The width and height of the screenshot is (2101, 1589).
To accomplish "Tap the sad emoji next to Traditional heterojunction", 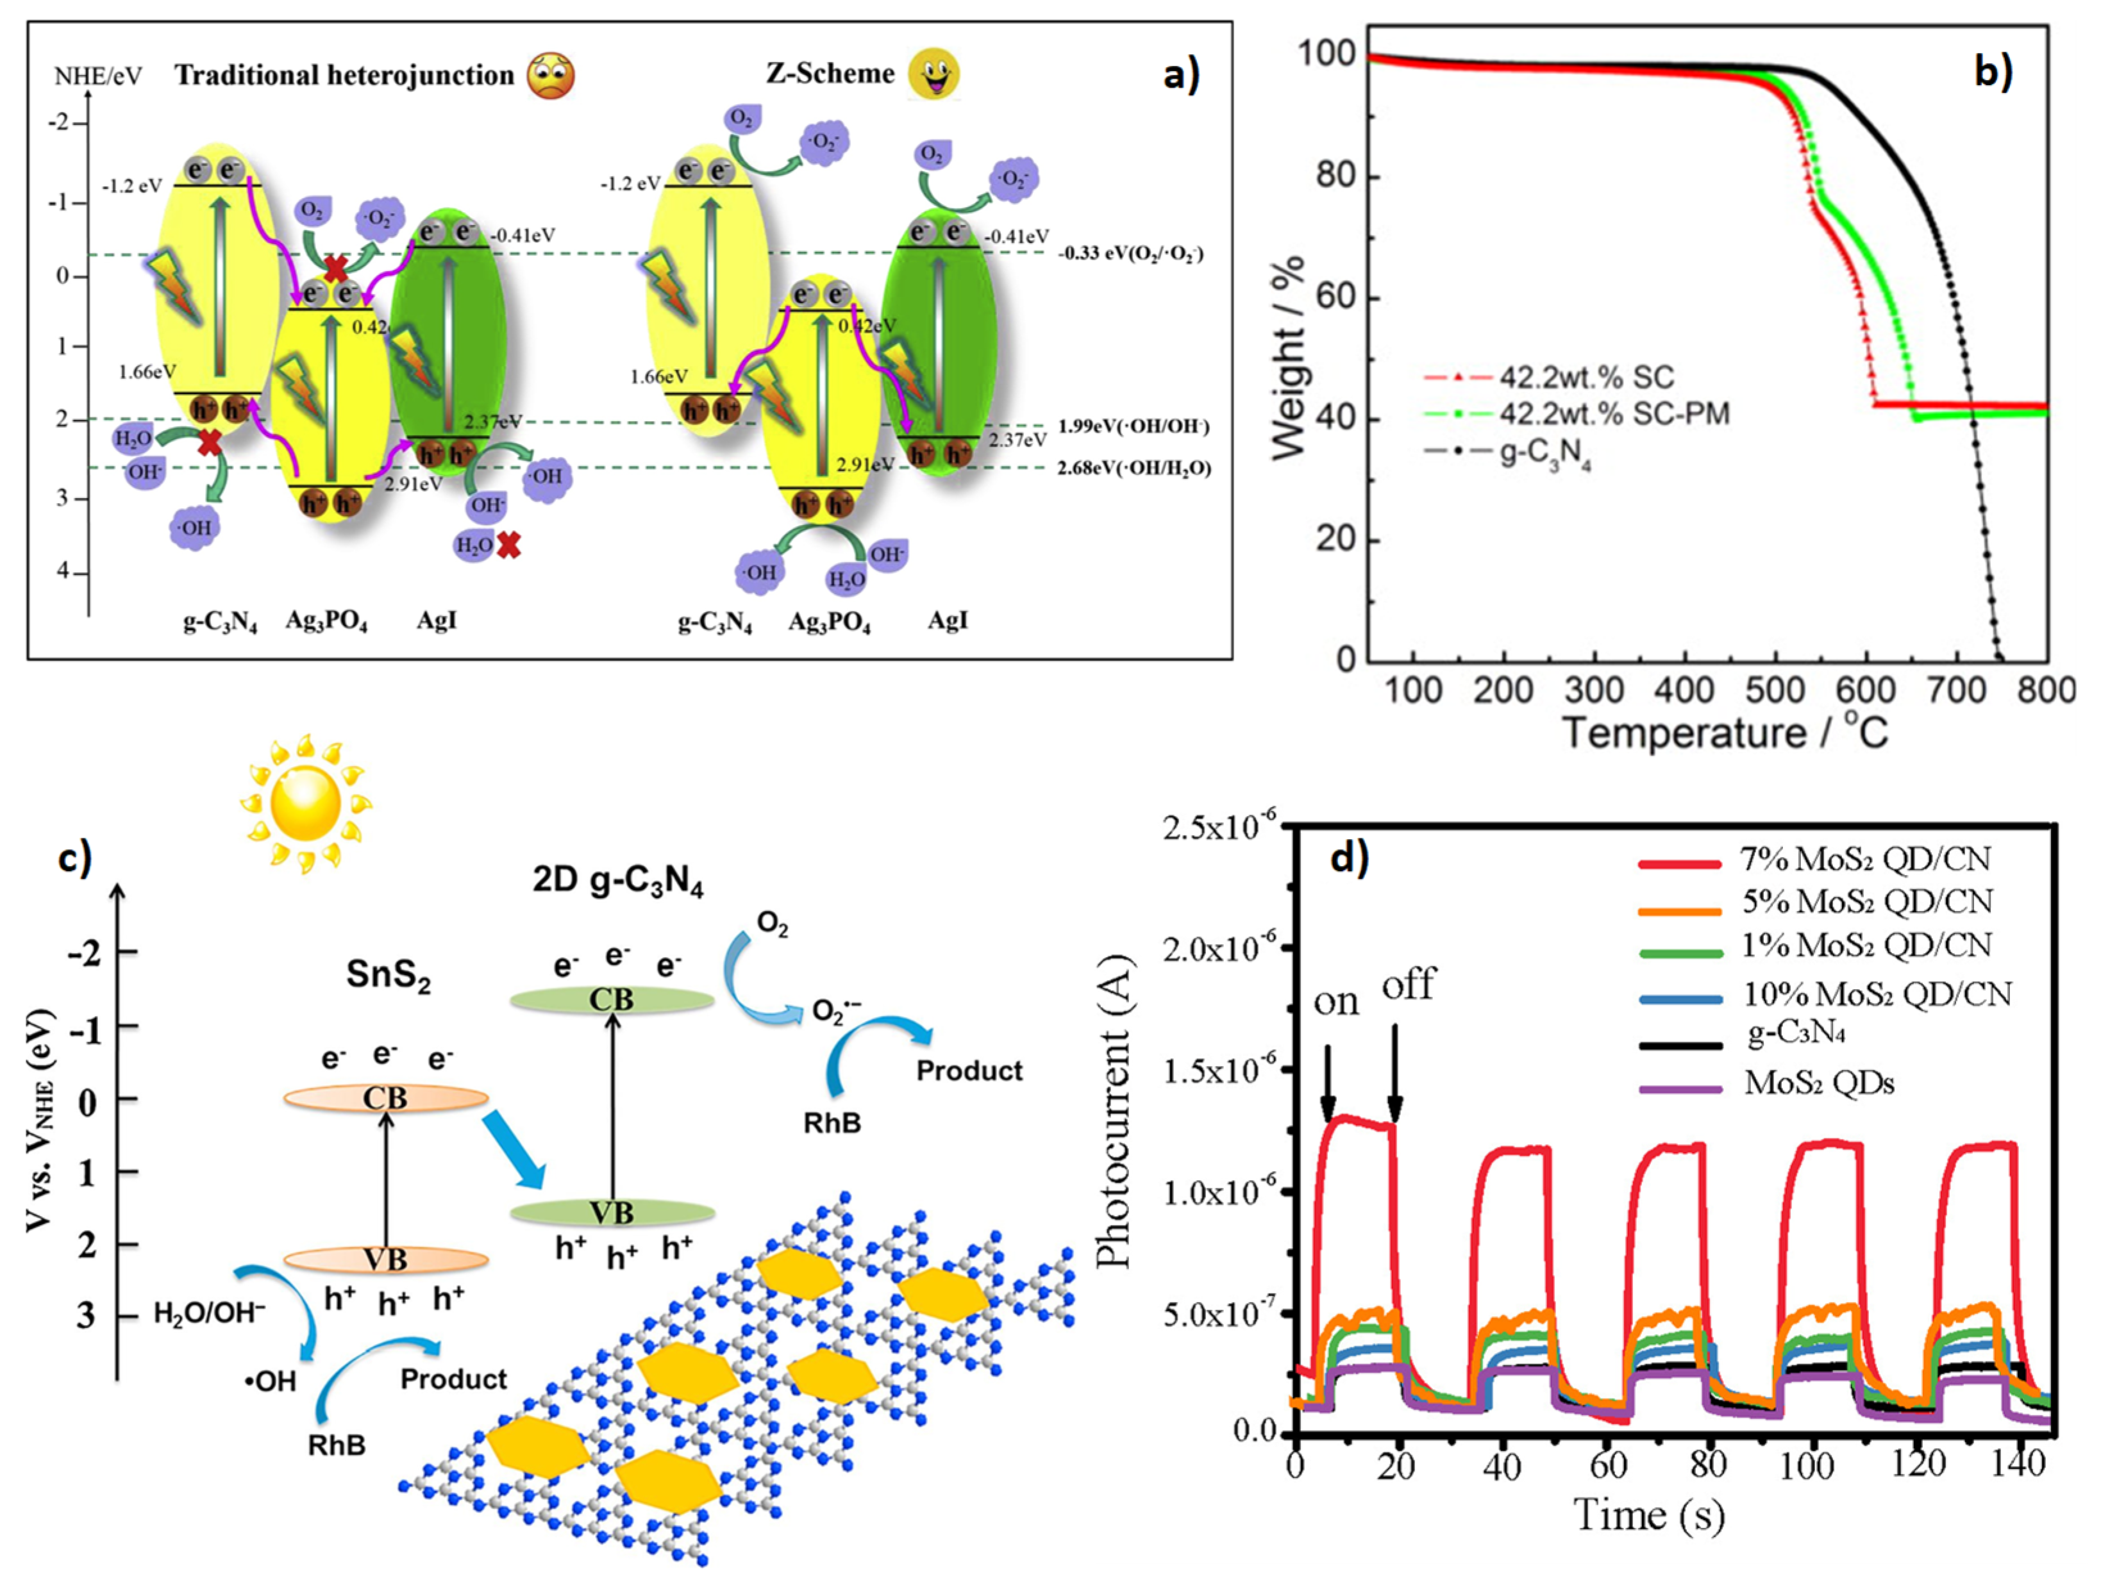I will pos(551,76).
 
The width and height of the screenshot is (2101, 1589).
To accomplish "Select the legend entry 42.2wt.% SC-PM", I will pos(1614,414).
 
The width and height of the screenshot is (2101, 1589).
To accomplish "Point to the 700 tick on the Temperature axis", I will pos(1957,690).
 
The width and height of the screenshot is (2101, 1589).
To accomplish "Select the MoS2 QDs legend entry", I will pos(1819,1083).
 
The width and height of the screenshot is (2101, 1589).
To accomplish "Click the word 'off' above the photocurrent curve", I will pos(1409,985).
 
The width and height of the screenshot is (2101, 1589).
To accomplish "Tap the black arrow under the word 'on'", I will pos(1328,1083).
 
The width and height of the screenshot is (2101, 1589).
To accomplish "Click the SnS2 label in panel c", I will pos(389,976).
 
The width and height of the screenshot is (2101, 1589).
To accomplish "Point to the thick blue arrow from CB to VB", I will pos(514,1152).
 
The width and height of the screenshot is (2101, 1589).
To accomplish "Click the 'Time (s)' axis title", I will pos(1649,1514).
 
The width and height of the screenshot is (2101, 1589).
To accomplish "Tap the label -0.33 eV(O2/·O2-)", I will pos(1130,254).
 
